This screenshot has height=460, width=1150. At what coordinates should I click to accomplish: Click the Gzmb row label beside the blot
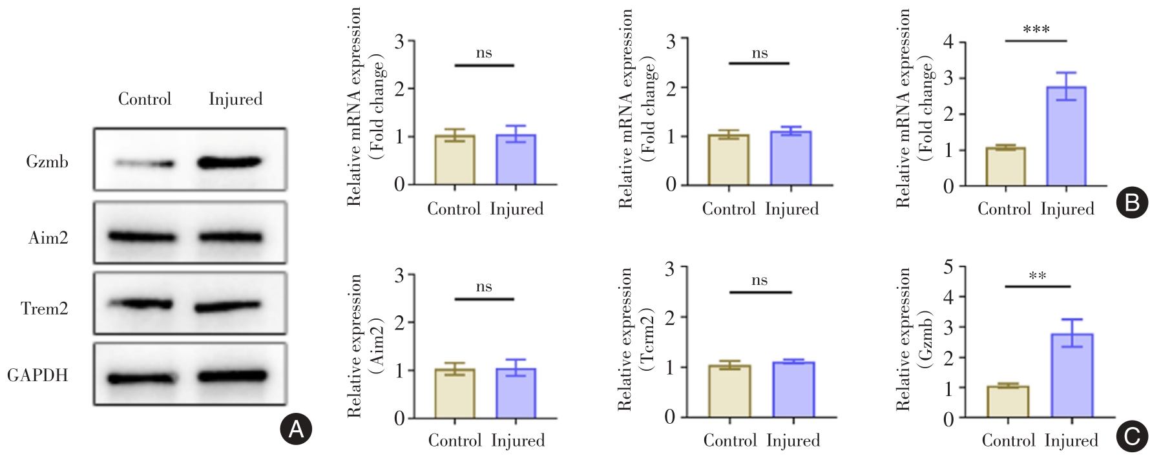point(47,162)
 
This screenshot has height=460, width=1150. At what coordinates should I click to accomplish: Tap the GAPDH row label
point(37,375)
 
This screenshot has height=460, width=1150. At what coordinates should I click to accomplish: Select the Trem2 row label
point(45,309)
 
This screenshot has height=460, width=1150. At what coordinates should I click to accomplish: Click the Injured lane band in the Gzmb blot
point(230,162)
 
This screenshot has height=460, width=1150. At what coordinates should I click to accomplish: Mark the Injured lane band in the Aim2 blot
point(230,238)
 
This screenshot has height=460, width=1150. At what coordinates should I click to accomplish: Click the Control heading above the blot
point(145,99)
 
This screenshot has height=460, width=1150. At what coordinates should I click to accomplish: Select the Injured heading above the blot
point(236,99)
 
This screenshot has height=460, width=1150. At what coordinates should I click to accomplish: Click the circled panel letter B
point(1132,204)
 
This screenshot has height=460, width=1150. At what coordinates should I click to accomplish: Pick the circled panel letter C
point(1132,437)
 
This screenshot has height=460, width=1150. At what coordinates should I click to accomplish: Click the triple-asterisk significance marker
point(1036,30)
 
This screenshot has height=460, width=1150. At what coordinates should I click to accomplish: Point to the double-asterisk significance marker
point(1038,277)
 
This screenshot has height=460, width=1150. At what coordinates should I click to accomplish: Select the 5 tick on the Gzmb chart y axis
point(948,267)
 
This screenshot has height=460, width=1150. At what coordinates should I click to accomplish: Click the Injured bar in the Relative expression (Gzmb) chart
point(1072,375)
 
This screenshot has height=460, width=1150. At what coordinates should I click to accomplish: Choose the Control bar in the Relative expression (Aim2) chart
point(455,393)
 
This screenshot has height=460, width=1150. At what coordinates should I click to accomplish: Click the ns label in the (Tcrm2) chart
point(760,280)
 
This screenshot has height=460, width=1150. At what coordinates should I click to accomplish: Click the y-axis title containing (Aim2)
point(366,346)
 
